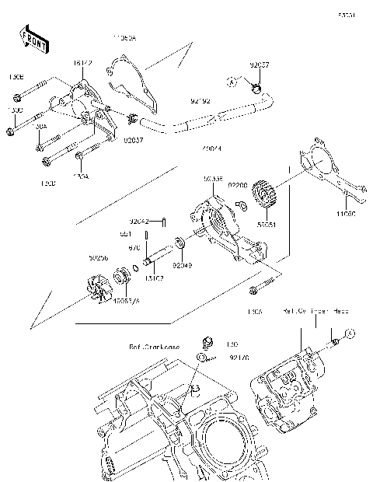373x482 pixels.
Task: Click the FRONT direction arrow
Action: point(32,41)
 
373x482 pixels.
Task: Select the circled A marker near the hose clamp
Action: point(232,81)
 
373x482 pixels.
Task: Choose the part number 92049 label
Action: point(182,266)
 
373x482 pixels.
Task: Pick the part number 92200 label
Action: point(239,187)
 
